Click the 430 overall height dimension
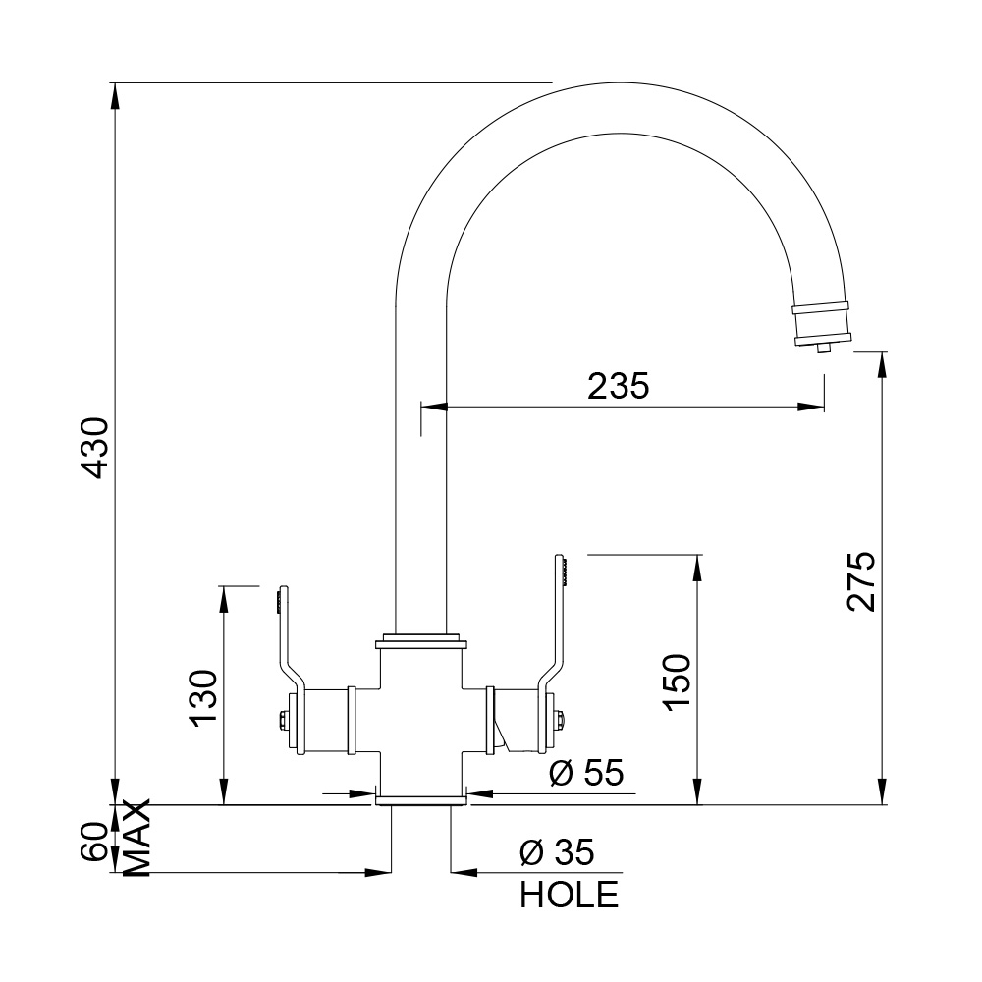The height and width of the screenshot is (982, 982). coord(96,447)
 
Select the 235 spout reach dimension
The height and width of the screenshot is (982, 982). coord(618,386)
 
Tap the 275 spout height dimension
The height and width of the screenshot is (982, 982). coord(861,581)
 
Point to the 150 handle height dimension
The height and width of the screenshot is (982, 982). coord(677,682)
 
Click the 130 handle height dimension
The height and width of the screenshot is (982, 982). coord(203,698)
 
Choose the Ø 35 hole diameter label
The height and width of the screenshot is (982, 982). coord(557,852)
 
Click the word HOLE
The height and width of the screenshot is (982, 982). coord(569,895)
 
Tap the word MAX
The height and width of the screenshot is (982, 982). coord(137,838)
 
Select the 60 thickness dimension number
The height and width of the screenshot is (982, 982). coord(95,842)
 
